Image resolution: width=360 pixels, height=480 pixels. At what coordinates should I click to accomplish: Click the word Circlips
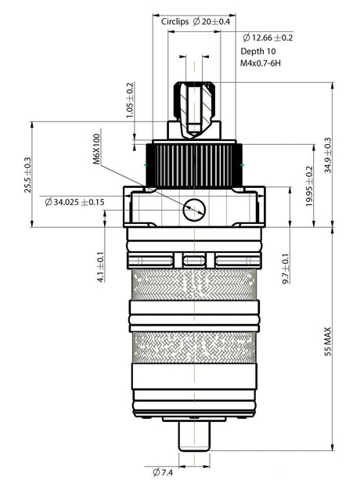[175, 22]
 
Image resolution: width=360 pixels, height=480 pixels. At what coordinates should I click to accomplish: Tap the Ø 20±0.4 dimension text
[211, 22]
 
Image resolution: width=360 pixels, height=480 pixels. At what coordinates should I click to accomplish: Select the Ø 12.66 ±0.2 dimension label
[268, 38]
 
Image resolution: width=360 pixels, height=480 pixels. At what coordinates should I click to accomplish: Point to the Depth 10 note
[257, 51]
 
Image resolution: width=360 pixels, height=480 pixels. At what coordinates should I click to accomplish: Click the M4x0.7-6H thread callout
[261, 63]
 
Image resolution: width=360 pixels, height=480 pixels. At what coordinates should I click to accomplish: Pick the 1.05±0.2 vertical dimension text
[130, 100]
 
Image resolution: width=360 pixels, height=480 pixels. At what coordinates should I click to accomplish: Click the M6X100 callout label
[97, 149]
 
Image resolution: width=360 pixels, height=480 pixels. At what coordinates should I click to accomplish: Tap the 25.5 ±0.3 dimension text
[28, 175]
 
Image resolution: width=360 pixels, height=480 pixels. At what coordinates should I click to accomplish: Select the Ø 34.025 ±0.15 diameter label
[74, 202]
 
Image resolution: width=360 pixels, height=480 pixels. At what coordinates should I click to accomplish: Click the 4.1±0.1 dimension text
[101, 267]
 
